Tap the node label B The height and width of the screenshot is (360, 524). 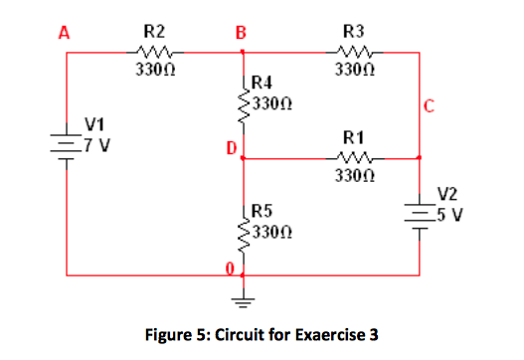(240, 31)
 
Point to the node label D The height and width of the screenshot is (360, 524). (230, 150)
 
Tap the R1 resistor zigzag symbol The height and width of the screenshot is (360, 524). (353, 157)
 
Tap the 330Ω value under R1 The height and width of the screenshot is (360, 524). (353, 176)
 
